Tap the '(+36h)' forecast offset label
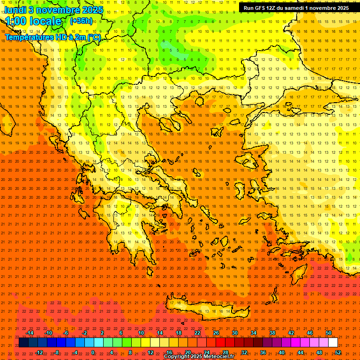pyautogui.click(x=81, y=21)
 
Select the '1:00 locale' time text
pyautogui.click(x=33, y=21)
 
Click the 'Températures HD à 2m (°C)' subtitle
pyautogui.click(x=52, y=37)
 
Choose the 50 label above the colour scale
pyautogui.click(x=329, y=333)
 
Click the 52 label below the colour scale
pyautogui.click(x=338, y=352)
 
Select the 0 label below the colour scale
pyautogui.click(x=93, y=352)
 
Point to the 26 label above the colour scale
pyautogui.click(x=216, y=333)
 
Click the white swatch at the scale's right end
pyautogui.click(x=333, y=343)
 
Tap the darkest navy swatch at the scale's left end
pyautogui.click(x=23, y=343)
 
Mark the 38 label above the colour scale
pyautogui.click(x=272, y=333)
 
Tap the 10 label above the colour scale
pyautogui.click(x=141, y=333)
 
